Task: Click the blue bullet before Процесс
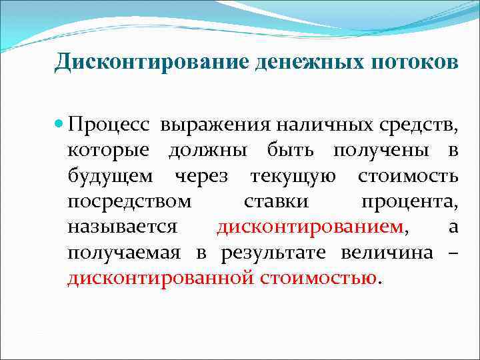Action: pyautogui.click(x=59, y=125)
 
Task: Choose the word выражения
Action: pyautogui.click(x=197, y=125)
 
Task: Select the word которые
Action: pyautogui.click(x=109, y=151)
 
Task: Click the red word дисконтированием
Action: pyautogui.click(x=311, y=227)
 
